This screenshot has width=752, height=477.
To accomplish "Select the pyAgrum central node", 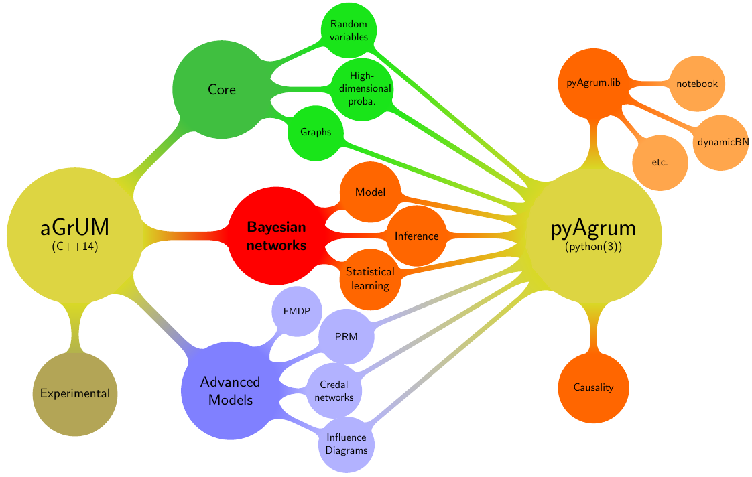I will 594,236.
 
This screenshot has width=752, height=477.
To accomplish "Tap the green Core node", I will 222,89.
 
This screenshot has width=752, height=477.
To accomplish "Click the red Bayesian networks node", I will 277,236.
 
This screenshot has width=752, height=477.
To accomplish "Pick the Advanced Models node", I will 230,391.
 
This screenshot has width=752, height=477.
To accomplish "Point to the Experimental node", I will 75,393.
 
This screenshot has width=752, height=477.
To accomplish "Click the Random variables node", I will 349,30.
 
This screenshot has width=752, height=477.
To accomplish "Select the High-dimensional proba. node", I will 362,88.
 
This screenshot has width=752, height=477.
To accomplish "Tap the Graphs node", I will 316,132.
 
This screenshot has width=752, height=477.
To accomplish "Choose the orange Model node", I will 370,192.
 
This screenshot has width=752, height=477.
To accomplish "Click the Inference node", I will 417,236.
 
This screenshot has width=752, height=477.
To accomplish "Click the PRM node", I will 346,336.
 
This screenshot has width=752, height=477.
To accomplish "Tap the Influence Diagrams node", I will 347,444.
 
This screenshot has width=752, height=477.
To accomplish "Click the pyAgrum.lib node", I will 592,83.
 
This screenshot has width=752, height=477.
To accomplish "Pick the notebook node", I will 697,84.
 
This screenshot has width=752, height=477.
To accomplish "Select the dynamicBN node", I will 721,142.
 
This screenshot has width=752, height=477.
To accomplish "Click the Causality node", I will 594,387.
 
